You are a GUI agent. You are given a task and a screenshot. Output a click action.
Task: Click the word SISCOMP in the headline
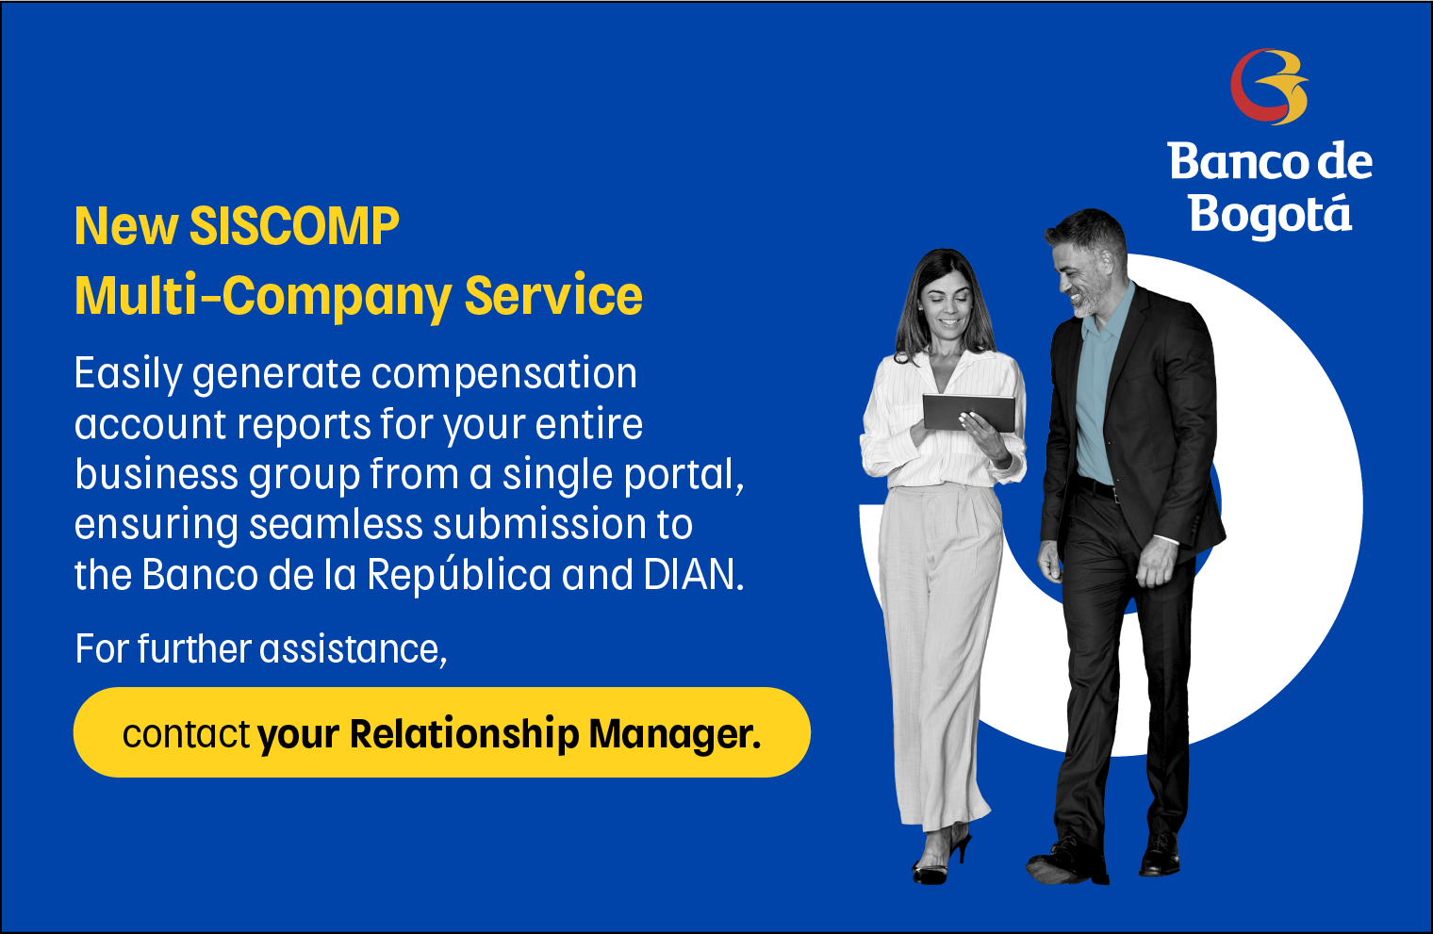tap(294, 226)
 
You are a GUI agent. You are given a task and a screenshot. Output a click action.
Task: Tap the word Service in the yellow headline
tap(553, 295)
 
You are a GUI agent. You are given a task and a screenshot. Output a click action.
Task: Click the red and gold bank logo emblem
tap(1269, 87)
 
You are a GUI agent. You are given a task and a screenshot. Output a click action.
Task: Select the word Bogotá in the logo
tap(1271, 215)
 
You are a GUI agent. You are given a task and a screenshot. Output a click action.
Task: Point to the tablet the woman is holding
tap(968, 413)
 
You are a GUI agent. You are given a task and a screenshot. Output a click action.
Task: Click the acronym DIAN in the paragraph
tap(694, 574)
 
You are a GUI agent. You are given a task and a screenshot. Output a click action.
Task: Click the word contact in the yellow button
tap(186, 734)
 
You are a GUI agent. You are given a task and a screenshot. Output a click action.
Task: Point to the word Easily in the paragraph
tap(128, 374)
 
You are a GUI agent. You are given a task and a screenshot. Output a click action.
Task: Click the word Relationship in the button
tap(465, 734)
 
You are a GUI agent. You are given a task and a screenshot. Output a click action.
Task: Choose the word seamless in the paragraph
tap(336, 524)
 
